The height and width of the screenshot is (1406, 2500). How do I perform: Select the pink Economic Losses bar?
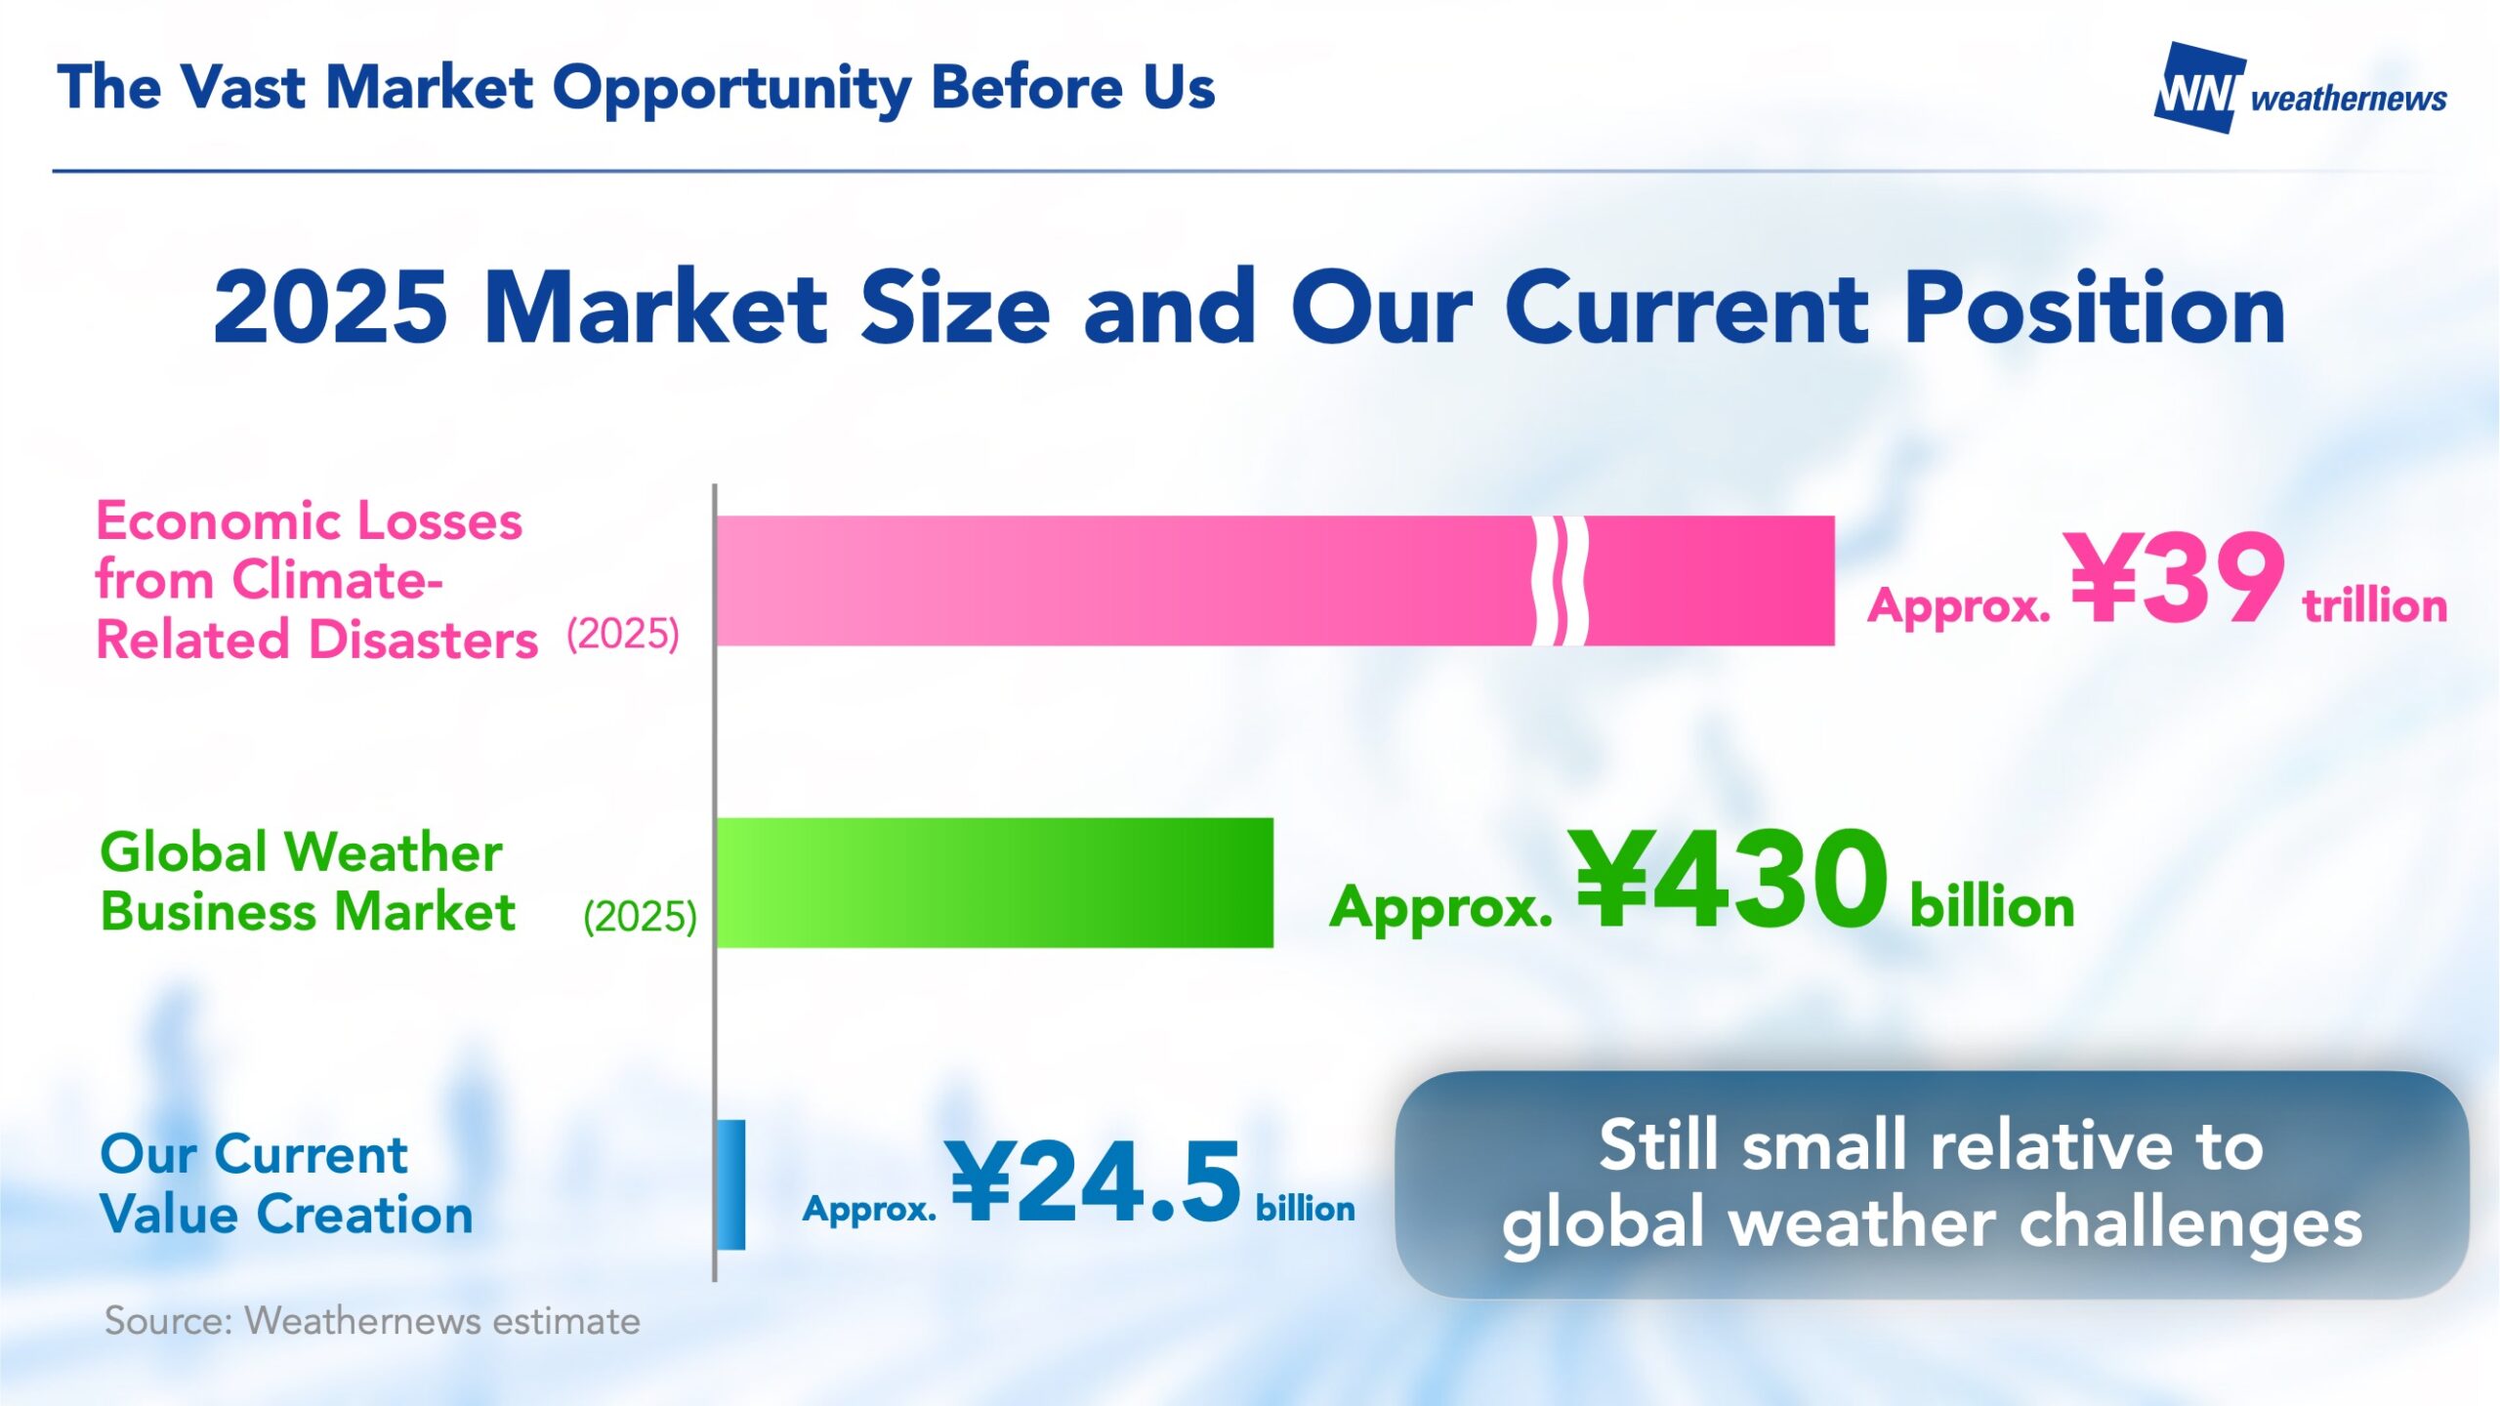tap(1275, 581)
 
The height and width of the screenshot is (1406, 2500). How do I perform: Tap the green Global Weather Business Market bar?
tap(995, 883)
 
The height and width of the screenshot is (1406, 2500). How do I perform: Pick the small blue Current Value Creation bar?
tap(731, 1184)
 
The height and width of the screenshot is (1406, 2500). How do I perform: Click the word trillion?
tap(2375, 605)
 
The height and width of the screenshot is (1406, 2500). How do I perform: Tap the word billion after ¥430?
tap(1992, 906)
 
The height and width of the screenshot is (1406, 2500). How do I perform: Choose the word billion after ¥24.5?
tap(1306, 1208)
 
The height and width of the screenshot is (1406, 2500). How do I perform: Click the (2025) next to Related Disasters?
tap(623, 635)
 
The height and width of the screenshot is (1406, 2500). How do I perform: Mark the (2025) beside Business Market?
tap(640, 917)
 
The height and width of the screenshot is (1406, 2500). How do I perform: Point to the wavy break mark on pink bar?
tap(1560, 581)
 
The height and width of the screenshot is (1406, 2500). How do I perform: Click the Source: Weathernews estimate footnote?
tap(372, 1321)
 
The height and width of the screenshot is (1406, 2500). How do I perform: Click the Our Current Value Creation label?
tap(286, 1184)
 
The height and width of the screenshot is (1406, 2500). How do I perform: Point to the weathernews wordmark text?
tap(2349, 98)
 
